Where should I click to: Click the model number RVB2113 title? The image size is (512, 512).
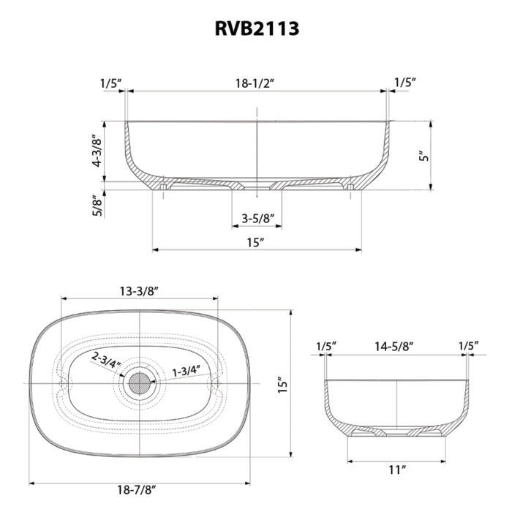point(256,28)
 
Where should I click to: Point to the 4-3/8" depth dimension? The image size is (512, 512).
point(96,151)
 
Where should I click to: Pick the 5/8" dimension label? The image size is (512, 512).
point(96,206)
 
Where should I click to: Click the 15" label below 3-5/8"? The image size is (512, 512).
point(255,241)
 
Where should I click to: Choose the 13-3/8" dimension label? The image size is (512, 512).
point(139,290)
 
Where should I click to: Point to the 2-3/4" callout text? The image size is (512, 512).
point(105,359)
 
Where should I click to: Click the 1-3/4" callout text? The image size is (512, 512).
point(185,371)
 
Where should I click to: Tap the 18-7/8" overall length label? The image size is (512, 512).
point(138,489)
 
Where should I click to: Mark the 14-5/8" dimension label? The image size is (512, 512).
point(396,345)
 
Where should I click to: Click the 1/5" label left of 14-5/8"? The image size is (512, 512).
point(326,345)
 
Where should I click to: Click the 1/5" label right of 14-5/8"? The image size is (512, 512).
point(468,345)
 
